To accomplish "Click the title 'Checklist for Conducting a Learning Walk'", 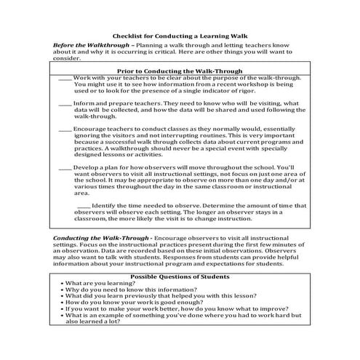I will [179, 35].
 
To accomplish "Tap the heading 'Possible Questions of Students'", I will [180, 277].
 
